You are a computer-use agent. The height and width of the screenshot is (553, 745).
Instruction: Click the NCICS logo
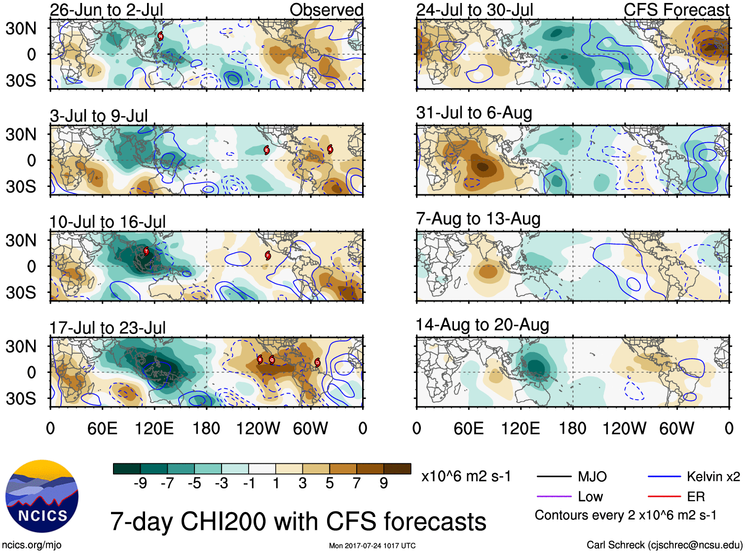tap(42, 496)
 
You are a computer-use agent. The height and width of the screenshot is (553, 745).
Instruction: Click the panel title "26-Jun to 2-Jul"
tap(106, 10)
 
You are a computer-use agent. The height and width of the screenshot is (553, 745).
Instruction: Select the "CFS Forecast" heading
tap(676, 10)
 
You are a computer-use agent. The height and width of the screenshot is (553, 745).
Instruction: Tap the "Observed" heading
tap(326, 10)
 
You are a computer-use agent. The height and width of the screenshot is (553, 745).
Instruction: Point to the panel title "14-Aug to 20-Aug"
tap(482, 325)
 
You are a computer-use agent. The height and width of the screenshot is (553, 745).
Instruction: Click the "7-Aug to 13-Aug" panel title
tap(478, 219)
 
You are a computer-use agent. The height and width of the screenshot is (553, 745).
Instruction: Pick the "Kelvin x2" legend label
tap(713, 477)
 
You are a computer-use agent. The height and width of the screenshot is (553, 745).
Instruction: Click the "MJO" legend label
tap(592, 477)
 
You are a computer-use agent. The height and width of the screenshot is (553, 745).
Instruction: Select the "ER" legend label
tap(696, 497)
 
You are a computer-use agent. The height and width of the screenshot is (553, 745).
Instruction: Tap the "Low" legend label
tap(590, 497)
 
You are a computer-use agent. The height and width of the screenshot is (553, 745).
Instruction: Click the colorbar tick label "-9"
tap(140, 483)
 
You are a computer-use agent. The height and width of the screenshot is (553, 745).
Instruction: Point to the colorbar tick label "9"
tap(383, 483)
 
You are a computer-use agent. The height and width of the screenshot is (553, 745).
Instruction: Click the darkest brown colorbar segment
tap(397, 469)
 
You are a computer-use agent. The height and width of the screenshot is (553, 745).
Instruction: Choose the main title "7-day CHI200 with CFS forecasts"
tap(298, 521)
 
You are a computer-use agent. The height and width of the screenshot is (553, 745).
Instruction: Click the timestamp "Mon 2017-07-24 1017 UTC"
tap(372, 546)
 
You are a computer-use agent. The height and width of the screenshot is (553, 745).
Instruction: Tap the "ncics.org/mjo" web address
tap(32, 545)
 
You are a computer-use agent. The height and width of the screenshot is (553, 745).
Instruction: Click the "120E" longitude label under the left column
tap(154, 428)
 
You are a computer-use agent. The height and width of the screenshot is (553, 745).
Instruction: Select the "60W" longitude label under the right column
tap(676, 428)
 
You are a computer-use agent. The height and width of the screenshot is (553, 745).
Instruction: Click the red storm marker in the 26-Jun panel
tap(160, 36)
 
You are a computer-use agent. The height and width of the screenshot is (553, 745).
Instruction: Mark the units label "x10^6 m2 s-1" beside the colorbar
tap(466, 477)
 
